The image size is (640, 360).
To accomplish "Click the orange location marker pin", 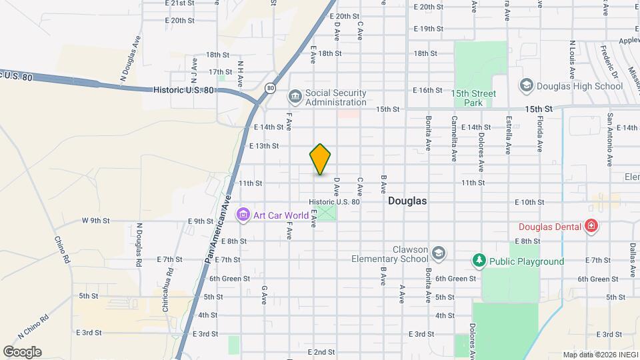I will point(321,159).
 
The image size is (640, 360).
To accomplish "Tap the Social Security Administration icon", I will point(295,97).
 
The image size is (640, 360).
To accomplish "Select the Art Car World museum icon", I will point(243,215).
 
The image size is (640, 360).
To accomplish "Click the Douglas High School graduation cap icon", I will point(527,85).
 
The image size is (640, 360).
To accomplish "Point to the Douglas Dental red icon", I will point(590,227).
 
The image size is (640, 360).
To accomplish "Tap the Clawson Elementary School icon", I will point(438,253).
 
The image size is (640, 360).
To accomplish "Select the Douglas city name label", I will point(407,200).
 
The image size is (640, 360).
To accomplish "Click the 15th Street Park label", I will point(473,99).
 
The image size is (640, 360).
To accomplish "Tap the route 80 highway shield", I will point(270,87).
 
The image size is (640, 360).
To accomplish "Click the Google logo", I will point(22,351).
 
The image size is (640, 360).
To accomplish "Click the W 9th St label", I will point(95,221).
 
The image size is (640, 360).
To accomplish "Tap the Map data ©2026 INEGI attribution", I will point(600,355).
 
